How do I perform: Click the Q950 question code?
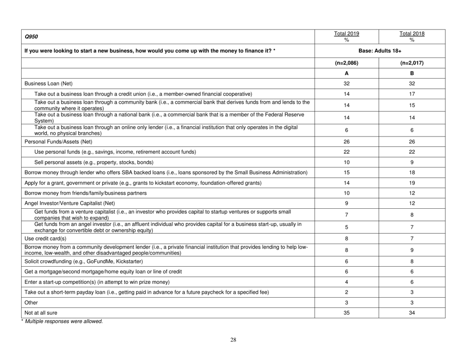pos(29,36)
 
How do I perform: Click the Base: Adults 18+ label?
pos(380,51)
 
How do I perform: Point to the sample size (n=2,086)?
pos(347,64)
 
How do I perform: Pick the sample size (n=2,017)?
pos(412,64)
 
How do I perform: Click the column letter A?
pos(347,77)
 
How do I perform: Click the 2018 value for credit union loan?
pos(412,105)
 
